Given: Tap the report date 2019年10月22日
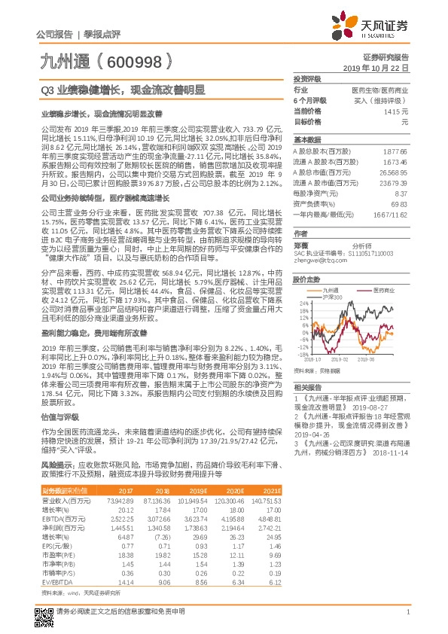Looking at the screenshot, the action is pos(381,67).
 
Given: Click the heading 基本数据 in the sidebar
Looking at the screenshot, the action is pos(306,140).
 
